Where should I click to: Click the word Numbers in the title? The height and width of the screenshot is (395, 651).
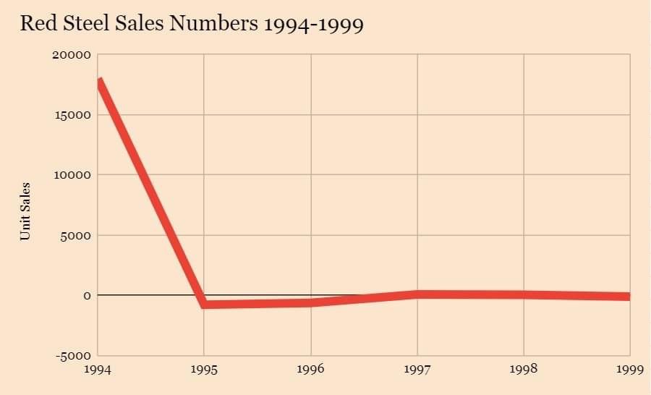pos(213,24)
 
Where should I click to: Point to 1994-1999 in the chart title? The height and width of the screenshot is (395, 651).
pos(313,24)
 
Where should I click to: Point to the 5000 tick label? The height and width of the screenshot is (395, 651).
pos(76,235)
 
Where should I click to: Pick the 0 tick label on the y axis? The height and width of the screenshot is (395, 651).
pos(87,295)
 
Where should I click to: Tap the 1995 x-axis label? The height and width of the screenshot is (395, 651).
pos(204,370)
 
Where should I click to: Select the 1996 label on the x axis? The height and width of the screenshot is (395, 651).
pos(311,370)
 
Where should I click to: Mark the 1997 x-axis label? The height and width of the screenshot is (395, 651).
pos(417,370)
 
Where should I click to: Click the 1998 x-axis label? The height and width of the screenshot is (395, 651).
pos(524,370)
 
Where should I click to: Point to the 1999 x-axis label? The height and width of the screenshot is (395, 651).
pos(629,370)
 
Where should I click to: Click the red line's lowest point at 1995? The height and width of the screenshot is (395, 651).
pos(204,305)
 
